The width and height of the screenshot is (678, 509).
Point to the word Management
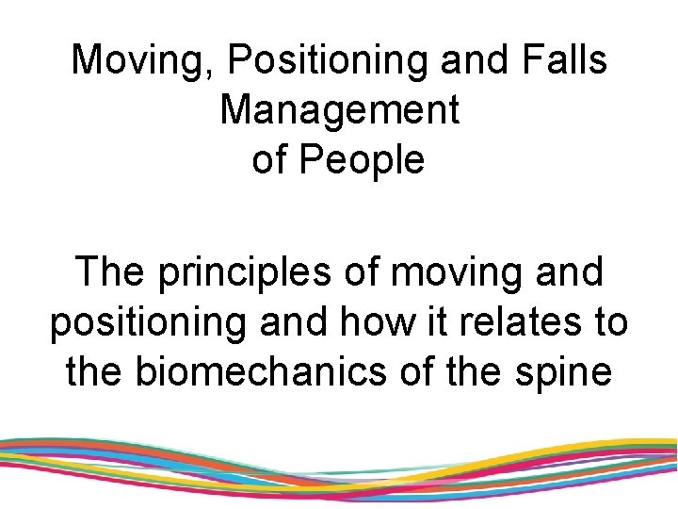(339, 110)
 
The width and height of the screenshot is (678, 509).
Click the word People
(363, 160)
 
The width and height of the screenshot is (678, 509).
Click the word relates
(524, 321)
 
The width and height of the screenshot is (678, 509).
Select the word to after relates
(608, 321)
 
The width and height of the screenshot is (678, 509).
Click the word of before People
(270, 160)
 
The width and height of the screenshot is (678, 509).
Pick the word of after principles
(354, 272)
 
